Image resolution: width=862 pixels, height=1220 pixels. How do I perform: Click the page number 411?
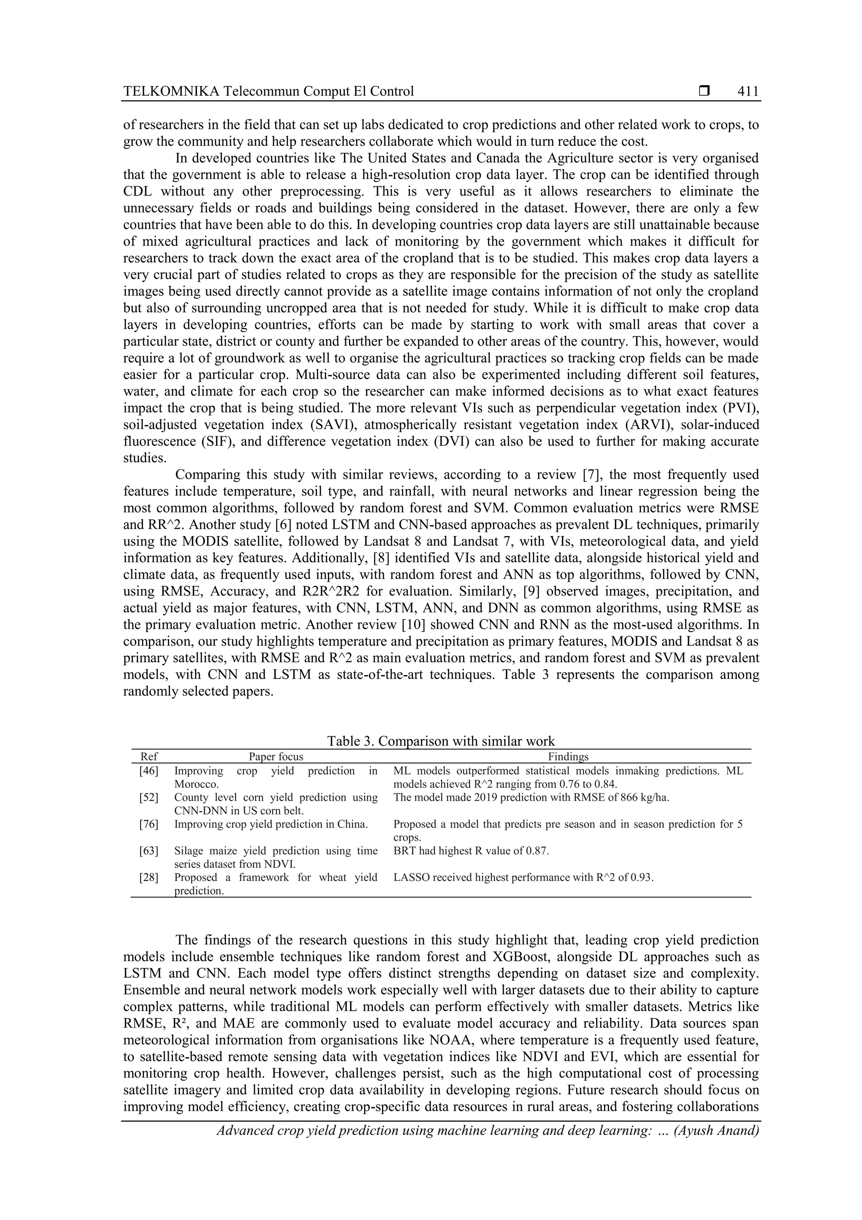pyautogui.click(x=748, y=91)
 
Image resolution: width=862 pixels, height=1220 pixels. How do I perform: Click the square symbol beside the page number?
pyautogui.click(x=704, y=91)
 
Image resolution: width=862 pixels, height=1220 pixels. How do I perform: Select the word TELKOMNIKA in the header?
pyautogui.click(x=171, y=91)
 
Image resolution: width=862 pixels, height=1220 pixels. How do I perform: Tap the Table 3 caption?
pyautogui.click(x=441, y=741)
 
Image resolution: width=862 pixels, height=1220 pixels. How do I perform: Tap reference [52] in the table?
pyautogui.click(x=149, y=798)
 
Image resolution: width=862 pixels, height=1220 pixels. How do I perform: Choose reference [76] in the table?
pyautogui.click(x=149, y=824)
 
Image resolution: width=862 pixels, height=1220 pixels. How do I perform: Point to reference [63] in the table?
pyautogui.click(x=149, y=851)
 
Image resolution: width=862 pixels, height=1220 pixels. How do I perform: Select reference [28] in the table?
pyautogui.click(x=149, y=877)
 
